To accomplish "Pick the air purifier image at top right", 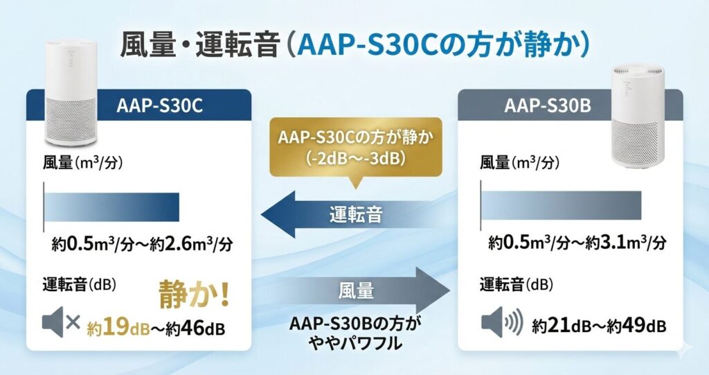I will pos(636,118).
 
